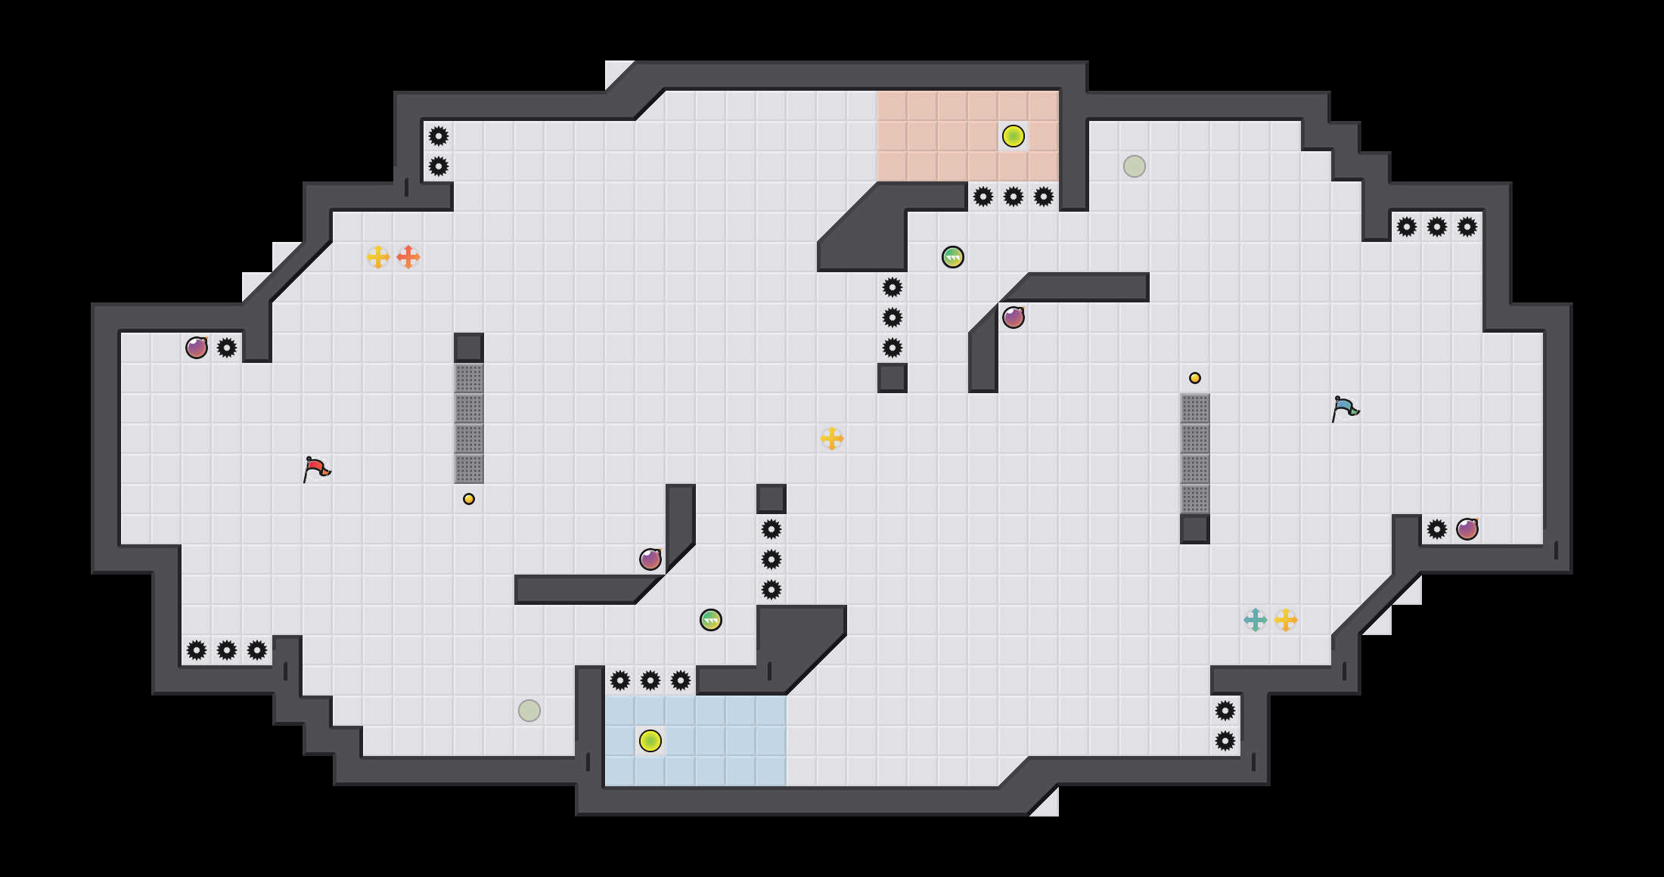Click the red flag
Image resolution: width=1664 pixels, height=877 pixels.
click(x=316, y=469)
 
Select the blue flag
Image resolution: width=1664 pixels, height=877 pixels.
click(x=1345, y=409)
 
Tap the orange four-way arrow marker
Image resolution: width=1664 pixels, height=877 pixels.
click(x=408, y=257)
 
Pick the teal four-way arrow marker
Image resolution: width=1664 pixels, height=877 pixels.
click(x=1256, y=620)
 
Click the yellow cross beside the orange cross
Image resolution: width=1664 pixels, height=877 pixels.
click(x=378, y=257)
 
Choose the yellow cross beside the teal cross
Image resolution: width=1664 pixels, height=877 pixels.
click(x=1286, y=620)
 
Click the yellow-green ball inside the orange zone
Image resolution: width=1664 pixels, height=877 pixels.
click(x=1014, y=136)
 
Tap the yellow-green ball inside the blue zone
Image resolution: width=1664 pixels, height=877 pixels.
click(x=650, y=741)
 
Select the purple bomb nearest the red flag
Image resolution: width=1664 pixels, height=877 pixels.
click(x=197, y=348)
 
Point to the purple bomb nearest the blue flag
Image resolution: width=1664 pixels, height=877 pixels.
click(x=1467, y=529)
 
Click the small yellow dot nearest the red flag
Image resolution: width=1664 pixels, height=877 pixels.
click(x=469, y=499)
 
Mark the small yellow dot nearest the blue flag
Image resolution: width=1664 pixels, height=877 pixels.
click(x=1195, y=378)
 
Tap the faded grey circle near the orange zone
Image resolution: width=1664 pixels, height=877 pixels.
click(x=1135, y=166)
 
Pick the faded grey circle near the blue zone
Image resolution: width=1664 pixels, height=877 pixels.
click(x=529, y=711)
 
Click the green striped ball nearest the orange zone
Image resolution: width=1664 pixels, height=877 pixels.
click(x=953, y=257)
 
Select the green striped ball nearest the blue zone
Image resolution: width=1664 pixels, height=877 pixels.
click(x=711, y=620)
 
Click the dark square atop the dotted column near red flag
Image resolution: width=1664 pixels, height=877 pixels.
click(x=469, y=348)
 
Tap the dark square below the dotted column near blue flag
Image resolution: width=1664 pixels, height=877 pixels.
click(x=1195, y=529)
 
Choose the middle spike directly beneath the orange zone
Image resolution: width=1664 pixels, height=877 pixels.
click(x=1014, y=197)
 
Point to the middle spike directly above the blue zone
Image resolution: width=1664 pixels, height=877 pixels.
click(x=650, y=680)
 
